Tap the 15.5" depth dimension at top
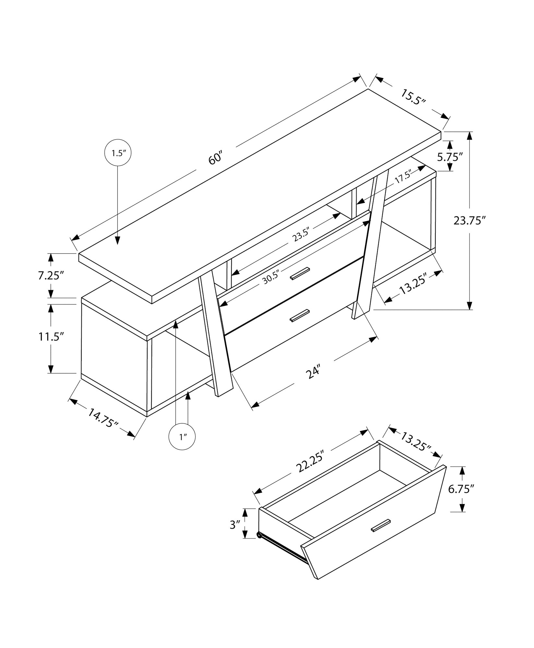coord(413,97)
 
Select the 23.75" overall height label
coord(470,221)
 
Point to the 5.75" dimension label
coord(449,157)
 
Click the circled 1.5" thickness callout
coord(118,153)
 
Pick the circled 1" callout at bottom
coord(182,437)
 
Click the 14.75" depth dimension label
coord(102,418)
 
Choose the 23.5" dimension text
coord(301,235)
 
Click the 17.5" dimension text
coord(403,177)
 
